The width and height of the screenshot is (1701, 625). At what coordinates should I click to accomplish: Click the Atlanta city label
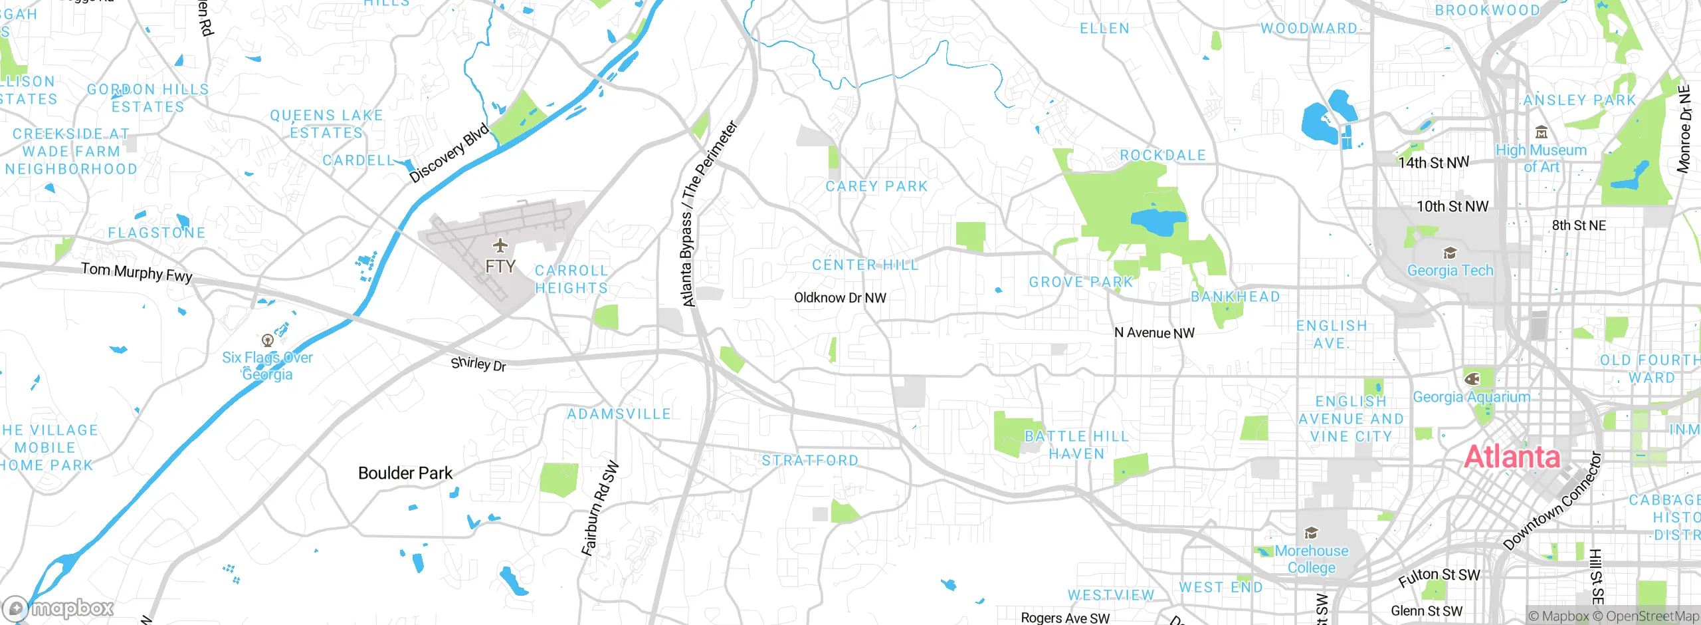1512,457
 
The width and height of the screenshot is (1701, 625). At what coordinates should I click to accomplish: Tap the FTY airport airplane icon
500,245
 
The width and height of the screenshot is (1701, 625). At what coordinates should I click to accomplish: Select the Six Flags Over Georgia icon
268,340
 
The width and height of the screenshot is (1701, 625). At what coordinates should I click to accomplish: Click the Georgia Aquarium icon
1472,379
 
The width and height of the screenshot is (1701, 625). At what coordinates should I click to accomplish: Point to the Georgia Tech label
1450,271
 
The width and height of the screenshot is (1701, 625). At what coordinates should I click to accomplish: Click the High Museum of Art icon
1542,132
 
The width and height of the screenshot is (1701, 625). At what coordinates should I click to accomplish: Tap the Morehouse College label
1311,559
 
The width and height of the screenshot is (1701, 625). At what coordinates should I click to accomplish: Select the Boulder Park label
405,473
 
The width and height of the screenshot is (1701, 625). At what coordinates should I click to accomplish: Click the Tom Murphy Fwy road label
137,272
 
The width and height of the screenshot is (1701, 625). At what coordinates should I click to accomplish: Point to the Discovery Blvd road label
449,153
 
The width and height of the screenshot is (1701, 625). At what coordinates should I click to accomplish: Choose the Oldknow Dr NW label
840,297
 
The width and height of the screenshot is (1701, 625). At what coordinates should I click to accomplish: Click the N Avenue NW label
1154,332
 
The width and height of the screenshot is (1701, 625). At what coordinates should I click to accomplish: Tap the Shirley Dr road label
478,364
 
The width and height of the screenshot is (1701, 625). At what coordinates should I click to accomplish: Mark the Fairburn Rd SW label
600,509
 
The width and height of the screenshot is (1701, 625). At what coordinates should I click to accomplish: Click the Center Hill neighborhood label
865,265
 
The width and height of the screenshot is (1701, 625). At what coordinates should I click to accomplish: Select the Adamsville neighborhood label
619,414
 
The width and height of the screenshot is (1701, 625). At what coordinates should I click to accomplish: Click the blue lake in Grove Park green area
1158,222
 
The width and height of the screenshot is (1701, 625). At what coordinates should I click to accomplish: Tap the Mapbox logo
58,608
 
